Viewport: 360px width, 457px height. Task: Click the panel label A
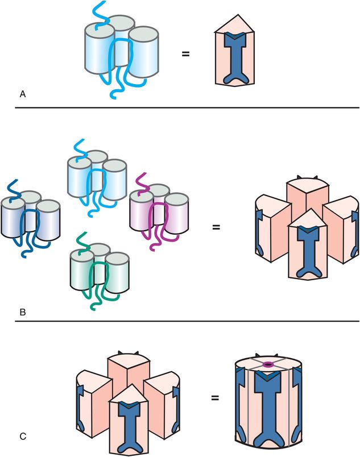pos(22,95)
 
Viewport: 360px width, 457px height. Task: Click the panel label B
pos(22,312)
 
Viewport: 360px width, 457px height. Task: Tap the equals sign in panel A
pos(185,55)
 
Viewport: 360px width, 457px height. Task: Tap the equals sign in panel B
pos(216,227)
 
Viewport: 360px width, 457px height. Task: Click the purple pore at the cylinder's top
pos(269,364)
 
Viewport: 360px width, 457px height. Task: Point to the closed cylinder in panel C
pos(269,404)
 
